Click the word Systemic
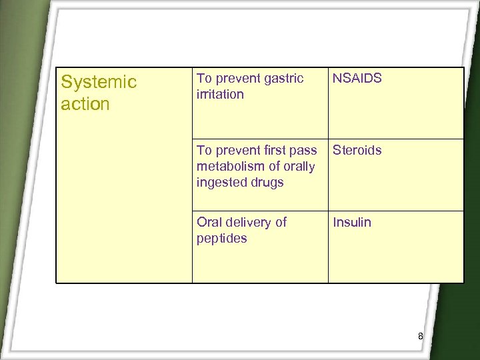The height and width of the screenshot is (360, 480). click(x=98, y=83)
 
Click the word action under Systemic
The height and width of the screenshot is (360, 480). click(x=85, y=105)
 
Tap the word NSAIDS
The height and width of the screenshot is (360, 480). click(x=357, y=79)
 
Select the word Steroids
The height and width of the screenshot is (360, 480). click(x=357, y=151)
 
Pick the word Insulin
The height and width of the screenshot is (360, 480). click(x=352, y=223)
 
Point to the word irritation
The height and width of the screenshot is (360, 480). click(x=220, y=95)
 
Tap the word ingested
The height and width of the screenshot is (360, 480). click(x=223, y=183)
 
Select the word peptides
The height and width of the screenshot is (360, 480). click(x=221, y=239)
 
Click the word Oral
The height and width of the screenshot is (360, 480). click(x=209, y=223)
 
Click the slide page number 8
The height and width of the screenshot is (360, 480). click(x=420, y=337)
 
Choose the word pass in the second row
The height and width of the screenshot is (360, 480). click(x=303, y=151)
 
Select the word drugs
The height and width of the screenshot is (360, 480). click(x=268, y=183)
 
